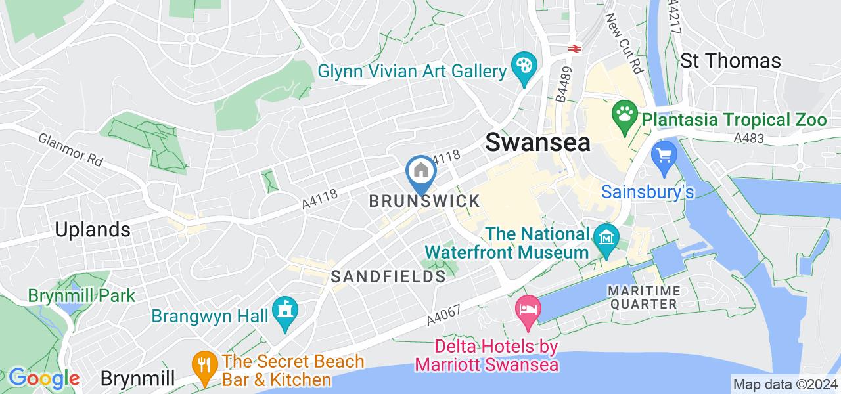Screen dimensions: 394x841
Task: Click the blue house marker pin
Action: (420, 171)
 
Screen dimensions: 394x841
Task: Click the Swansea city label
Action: (537, 142)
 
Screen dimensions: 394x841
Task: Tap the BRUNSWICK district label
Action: (424, 202)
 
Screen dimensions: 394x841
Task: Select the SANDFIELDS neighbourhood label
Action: (388, 276)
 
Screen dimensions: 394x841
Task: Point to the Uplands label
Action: (93, 230)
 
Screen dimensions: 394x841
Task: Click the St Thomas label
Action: (730, 61)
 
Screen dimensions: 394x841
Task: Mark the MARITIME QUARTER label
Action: (641, 297)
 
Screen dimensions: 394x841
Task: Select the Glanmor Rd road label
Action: (71, 150)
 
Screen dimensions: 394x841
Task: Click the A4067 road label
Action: (443, 317)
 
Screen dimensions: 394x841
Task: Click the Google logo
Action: (43, 379)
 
